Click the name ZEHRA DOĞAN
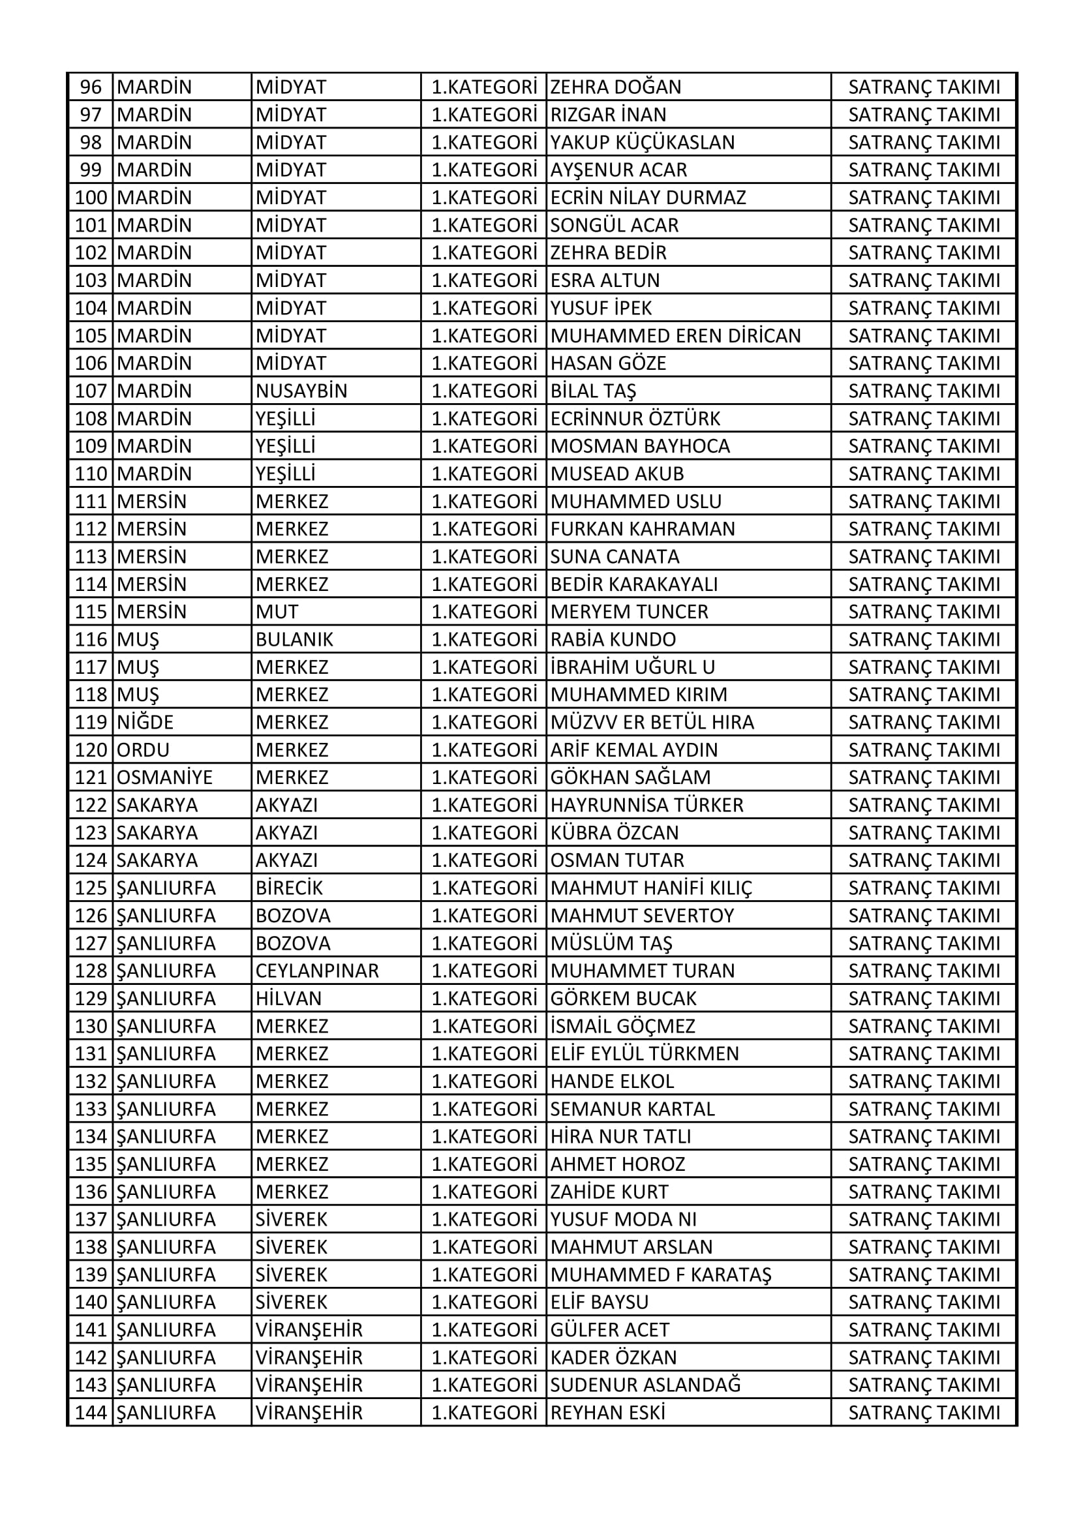pyautogui.click(x=615, y=87)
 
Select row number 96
pyautogui.click(x=91, y=87)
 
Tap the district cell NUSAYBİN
pyautogui.click(x=301, y=391)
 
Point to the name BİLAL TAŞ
pyautogui.click(x=592, y=391)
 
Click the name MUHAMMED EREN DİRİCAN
pyautogui.click(x=675, y=335)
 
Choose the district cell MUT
pyautogui.click(x=277, y=611)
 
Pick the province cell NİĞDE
pyautogui.click(x=145, y=722)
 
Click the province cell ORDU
pyautogui.click(x=143, y=750)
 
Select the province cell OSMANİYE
pyautogui.click(x=164, y=777)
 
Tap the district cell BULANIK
pyautogui.click(x=294, y=639)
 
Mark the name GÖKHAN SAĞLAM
pyautogui.click(x=630, y=777)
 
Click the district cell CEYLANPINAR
pyautogui.click(x=317, y=971)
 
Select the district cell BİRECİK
pyautogui.click(x=289, y=888)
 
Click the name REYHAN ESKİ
pyautogui.click(x=607, y=1413)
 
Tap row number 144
pyautogui.click(x=91, y=1413)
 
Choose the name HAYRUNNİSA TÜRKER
pyautogui.click(x=646, y=805)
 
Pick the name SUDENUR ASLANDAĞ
pyautogui.click(x=645, y=1385)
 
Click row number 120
pyautogui.click(x=91, y=750)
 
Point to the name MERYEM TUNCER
pyautogui.click(x=628, y=611)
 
